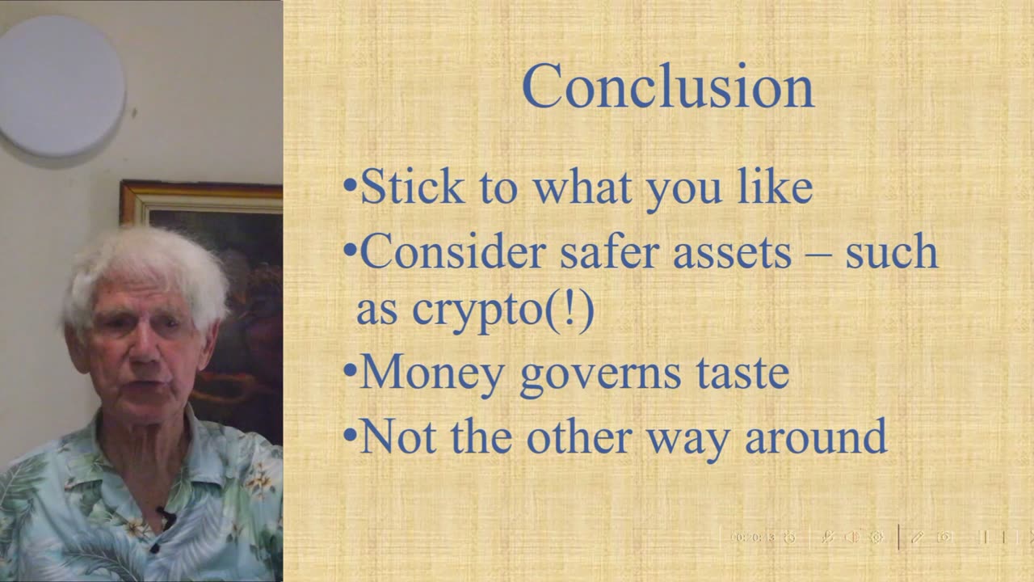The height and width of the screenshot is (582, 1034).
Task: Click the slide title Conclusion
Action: (x=668, y=86)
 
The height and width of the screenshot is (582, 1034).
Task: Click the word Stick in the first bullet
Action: (x=412, y=186)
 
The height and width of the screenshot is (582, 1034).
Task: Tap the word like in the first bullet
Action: (x=775, y=186)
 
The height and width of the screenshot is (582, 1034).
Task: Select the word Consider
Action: (x=453, y=251)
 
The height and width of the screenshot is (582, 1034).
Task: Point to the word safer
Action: (x=610, y=251)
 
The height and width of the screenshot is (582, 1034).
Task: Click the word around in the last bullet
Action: (x=816, y=436)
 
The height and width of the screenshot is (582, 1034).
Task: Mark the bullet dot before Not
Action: (x=351, y=435)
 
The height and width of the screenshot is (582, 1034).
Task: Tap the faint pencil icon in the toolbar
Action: (x=917, y=538)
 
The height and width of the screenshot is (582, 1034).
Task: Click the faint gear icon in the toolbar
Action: (x=876, y=538)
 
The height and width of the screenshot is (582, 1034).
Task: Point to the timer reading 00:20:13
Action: (x=752, y=538)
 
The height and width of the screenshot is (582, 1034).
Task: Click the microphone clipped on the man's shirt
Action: (x=166, y=517)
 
